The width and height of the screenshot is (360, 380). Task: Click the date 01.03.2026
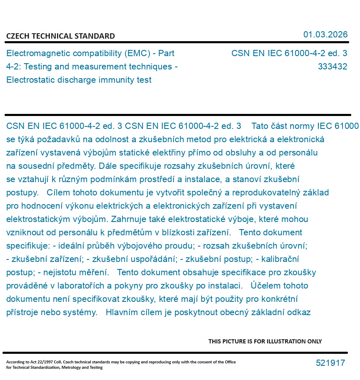click(325, 35)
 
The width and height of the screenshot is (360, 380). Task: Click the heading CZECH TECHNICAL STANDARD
click(60, 36)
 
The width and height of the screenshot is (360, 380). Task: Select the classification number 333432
click(332, 67)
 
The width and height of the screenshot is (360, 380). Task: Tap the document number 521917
click(330, 363)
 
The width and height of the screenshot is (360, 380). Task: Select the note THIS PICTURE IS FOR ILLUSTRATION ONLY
click(265, 341)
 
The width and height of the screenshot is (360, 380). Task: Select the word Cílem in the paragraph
click(59, 192)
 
